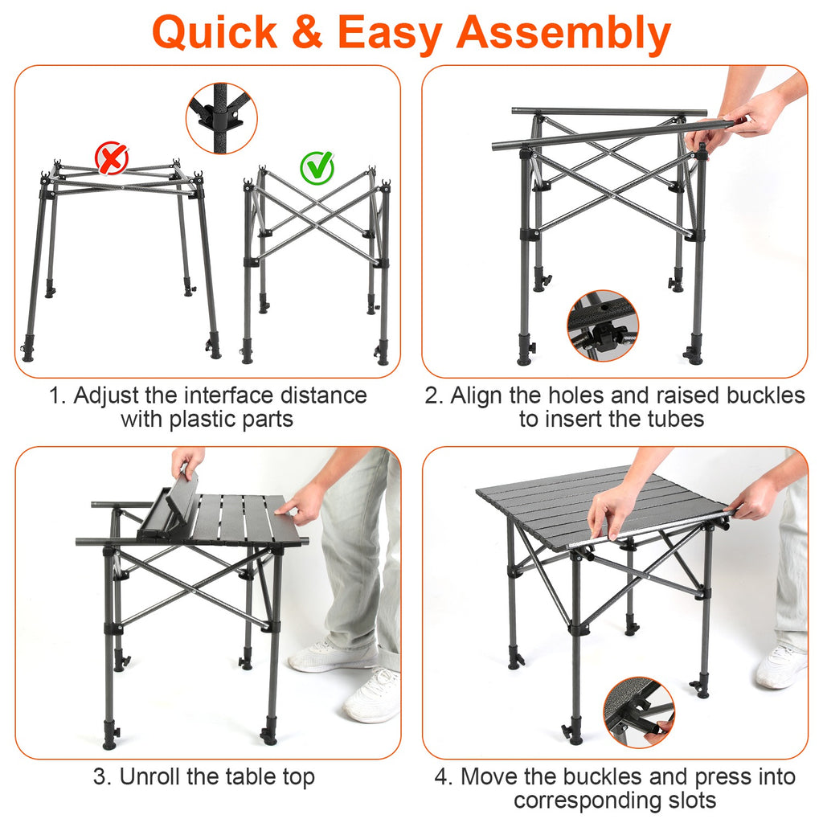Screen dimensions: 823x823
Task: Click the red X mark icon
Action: [x=112, y=158]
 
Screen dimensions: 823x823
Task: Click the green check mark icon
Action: [x=317, y=166]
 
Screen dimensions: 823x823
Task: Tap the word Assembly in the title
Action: [x=563, y=33]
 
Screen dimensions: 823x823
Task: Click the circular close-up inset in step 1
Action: [x=222, y=117]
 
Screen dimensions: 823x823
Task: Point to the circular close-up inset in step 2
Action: [x=603, y=326]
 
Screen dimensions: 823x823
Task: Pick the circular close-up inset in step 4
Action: [x=639, y=712]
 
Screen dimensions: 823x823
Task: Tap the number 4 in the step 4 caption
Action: [x=443, y=777]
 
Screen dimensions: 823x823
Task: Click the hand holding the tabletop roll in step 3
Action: [x=187, y=461]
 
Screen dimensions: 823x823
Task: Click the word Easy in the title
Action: [x=390, y=33]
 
